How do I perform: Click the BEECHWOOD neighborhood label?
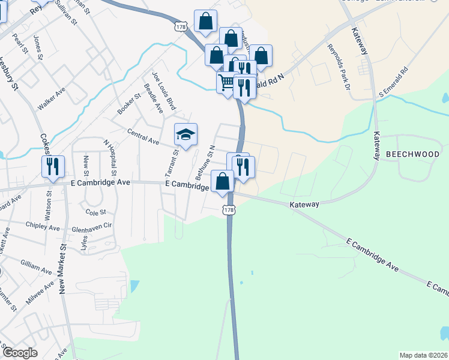(412, 154)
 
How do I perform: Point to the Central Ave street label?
(143, 137)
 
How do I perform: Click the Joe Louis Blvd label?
(163, 91)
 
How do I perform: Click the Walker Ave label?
(52, 100)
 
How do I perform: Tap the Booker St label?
(129, 103)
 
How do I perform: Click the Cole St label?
(95, 212)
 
